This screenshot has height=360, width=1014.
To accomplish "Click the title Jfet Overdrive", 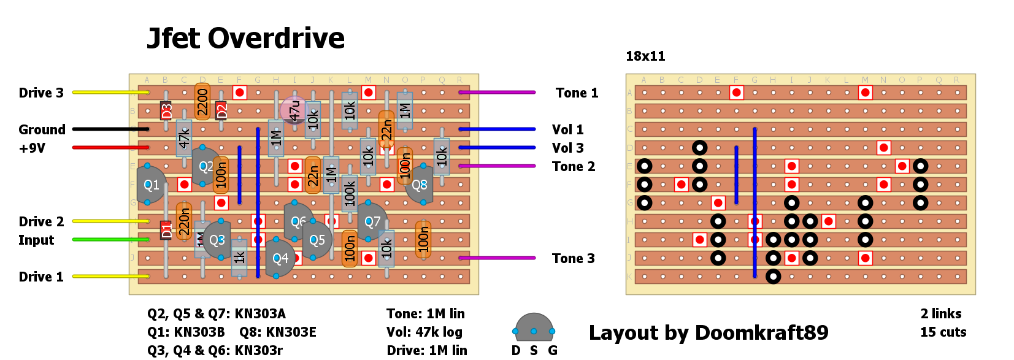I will tap(245, 38).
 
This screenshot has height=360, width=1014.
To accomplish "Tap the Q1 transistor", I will tap(151, 185).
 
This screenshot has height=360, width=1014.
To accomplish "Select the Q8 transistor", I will tap(419, 185).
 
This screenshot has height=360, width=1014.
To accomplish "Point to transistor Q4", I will tap(280, 258).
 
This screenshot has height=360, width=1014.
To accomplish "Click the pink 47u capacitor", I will tap(294, 110).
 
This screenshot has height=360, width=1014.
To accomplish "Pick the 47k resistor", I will tap(184, 138).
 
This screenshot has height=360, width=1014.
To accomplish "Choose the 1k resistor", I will tap(239, 257).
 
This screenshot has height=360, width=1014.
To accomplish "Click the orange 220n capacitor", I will tap(184, 221).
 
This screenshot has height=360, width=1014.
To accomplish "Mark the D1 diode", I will tap(166, 230).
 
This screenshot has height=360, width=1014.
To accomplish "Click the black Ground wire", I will tap(110, 129).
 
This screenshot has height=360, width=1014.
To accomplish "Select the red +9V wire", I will tap(110, 148).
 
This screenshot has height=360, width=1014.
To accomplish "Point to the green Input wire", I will tap(110, 240).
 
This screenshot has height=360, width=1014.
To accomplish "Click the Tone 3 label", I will tap(573, 259).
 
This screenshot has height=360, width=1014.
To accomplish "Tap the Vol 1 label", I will tap(567, 130).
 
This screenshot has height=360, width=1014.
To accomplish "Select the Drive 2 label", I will tap(41, 222).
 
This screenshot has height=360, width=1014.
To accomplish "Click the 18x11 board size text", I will tap(645, 56).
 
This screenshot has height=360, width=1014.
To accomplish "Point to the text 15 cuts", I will tap(943, 332).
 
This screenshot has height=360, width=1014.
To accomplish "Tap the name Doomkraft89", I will tap(761, 332).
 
